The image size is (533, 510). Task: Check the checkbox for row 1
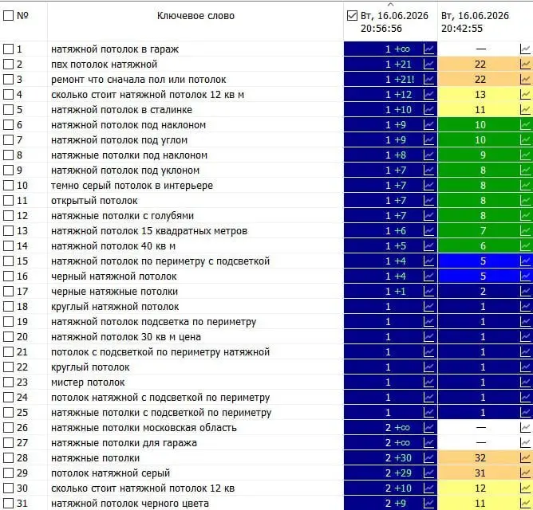click(8, 49)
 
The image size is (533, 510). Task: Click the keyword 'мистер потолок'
click(88, 382)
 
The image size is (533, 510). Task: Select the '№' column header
click(22, 16)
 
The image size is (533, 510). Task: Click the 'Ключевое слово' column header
click(195, 16)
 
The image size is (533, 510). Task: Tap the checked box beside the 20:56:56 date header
click(352, 16)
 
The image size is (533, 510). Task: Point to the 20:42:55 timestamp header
click(475, 22)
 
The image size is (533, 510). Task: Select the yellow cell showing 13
click(485, 94)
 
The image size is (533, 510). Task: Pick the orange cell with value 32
click(485, 458)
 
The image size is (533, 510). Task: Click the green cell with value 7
click(485, 231)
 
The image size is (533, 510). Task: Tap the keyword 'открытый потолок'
click(94, 201)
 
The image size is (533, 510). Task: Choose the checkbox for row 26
click(8, 428)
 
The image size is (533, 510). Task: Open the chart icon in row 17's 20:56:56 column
click(429, 292)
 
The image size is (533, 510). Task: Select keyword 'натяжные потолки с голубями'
click(122, 216)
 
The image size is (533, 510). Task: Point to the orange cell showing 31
click(485, 473)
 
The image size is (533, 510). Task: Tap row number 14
click(22, 245)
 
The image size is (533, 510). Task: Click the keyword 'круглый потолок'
click(90, 367)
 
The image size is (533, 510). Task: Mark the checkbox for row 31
click(8, 503)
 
